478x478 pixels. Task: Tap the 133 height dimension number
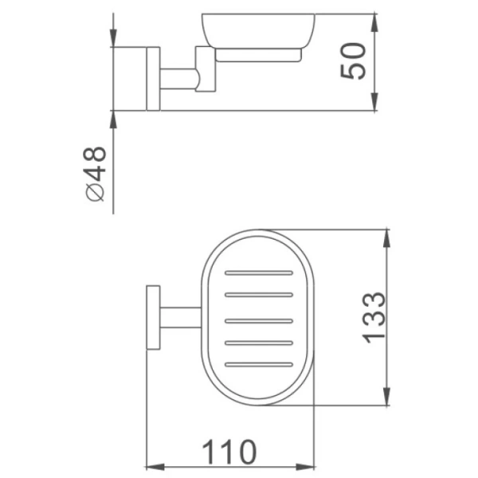[372, 318]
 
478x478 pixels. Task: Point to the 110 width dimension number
[229, 452]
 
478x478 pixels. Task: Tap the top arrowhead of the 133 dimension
[388, 238]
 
